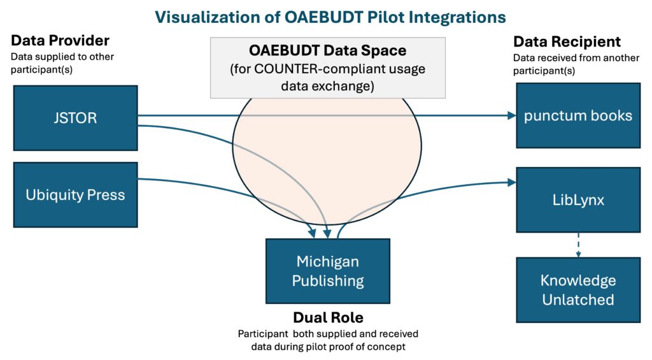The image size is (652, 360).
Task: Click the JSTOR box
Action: click(x=75, y=118)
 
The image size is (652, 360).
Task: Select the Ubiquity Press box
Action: click(x=75, y=195)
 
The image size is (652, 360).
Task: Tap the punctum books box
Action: click(x=578, y=116)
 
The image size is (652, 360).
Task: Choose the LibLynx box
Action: click(x=578, y=199)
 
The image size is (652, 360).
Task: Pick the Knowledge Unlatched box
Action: click(x=578, y=289)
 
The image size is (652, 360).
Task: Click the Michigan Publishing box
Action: click(x=327, y=271)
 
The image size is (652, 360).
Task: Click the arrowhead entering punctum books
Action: click(x=511, y=116)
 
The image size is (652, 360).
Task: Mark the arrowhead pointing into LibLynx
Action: click(x=511, y=183)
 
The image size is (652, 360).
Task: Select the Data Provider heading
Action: click(x=60, y=41)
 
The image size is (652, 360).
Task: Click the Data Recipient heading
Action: click(x=567, y=42)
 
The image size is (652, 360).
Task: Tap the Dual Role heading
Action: click(x=327, y=317)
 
